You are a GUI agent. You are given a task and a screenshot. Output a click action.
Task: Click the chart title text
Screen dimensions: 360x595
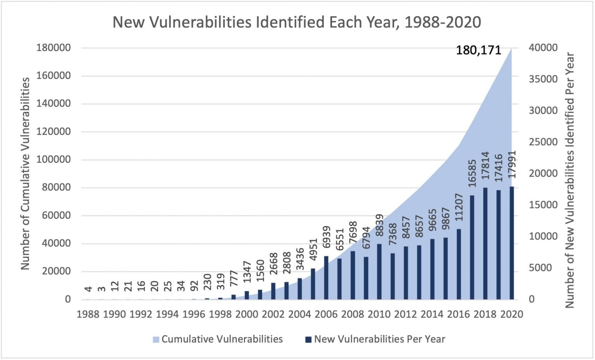coord(297,22)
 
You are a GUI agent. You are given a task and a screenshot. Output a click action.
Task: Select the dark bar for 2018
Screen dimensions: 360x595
coord(485,243)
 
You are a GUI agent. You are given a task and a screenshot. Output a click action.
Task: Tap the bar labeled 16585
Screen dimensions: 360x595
coord(472,247)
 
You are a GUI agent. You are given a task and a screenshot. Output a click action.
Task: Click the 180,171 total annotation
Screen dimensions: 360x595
coord(478,50)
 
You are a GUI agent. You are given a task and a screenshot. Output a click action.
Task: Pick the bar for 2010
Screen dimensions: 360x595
coord(379,271)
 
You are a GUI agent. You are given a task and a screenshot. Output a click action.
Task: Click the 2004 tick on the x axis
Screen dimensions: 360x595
coord(299,314)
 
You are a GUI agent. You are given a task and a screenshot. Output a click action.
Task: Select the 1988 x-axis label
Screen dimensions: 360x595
coord(88,314)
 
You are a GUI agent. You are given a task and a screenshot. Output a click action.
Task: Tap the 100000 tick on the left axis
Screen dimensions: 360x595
coord(54,159)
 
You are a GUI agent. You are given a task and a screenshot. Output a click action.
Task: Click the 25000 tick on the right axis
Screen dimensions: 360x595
coord(543,142)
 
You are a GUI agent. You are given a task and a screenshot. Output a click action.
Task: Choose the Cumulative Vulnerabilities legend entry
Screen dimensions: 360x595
coord(218,339)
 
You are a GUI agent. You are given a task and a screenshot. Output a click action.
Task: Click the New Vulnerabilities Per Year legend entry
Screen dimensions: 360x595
coord(375,339)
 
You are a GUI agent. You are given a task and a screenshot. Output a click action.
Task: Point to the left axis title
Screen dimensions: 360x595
coord(25,173)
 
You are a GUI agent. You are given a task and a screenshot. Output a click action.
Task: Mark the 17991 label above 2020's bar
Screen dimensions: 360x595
coord(512,165)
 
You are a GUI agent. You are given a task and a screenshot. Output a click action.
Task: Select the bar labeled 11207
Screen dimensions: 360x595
coord(459,264)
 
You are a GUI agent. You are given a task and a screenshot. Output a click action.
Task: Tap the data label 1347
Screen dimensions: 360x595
coord(247,272)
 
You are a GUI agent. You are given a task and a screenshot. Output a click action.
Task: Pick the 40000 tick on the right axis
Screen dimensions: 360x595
coord(543,48)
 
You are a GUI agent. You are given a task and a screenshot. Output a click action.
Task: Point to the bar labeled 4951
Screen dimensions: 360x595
coord(313,284)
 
